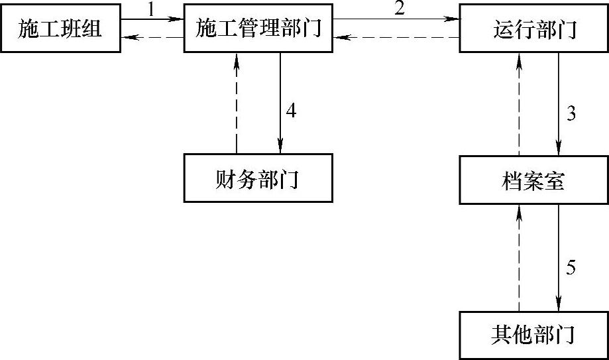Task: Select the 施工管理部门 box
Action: [x=258, y=29]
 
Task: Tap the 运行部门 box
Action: [x=535, y=30]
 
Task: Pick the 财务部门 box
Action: [x=258, y=179]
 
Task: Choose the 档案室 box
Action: [x=535, y=180]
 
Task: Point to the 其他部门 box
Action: [x=535, y=334]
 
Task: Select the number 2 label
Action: [x=398, y=9]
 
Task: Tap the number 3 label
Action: [x=571, y=113]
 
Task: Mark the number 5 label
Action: [x=571, y=268]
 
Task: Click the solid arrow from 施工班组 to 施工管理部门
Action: [x=152, y=20]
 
